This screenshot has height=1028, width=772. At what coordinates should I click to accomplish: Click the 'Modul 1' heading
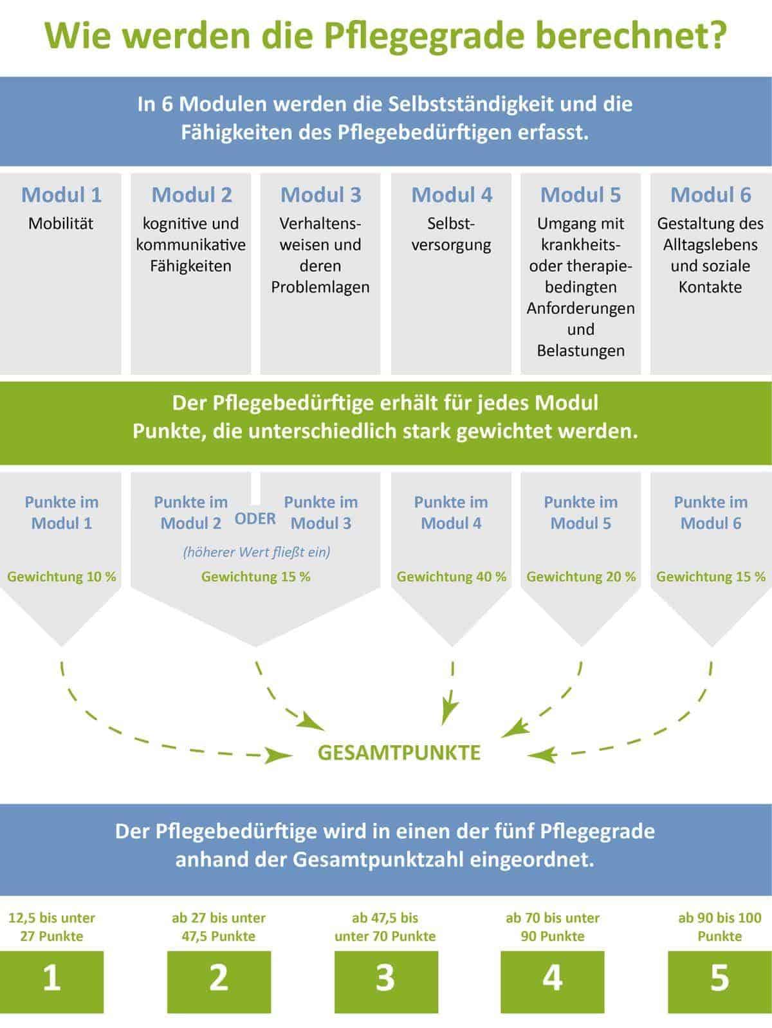click(x=61, y=195)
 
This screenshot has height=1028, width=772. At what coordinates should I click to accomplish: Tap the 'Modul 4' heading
click(x=452, y=195)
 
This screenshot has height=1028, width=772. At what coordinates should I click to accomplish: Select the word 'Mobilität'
click(x=61, y=224)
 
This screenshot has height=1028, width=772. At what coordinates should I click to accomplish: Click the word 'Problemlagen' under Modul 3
click(x=320, y=287)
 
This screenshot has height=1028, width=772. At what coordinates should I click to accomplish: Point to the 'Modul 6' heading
click(x=710, y=195)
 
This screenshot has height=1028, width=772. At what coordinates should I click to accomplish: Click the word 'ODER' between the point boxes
click(x=255, y=519)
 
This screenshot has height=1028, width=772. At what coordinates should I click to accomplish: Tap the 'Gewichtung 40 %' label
click(x=452, y=577)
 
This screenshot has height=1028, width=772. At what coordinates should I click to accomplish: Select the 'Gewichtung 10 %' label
click(x=62, y=577)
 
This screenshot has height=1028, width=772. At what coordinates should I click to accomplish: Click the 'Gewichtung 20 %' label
click(x=581, y=577)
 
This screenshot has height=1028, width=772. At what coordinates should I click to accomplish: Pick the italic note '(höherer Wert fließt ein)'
click(x=256, y=552)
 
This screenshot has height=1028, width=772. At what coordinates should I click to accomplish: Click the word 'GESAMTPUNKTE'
click(x=399, y=753)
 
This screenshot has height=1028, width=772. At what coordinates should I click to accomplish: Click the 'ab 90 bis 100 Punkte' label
click(x=719, y=926)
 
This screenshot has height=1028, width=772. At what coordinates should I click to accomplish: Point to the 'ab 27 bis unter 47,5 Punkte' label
click(x=219, y=926)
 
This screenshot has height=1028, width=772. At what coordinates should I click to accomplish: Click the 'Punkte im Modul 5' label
click(x=581, y=512)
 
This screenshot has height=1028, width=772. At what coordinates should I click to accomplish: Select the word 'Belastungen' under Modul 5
click(x=581, y=351)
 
